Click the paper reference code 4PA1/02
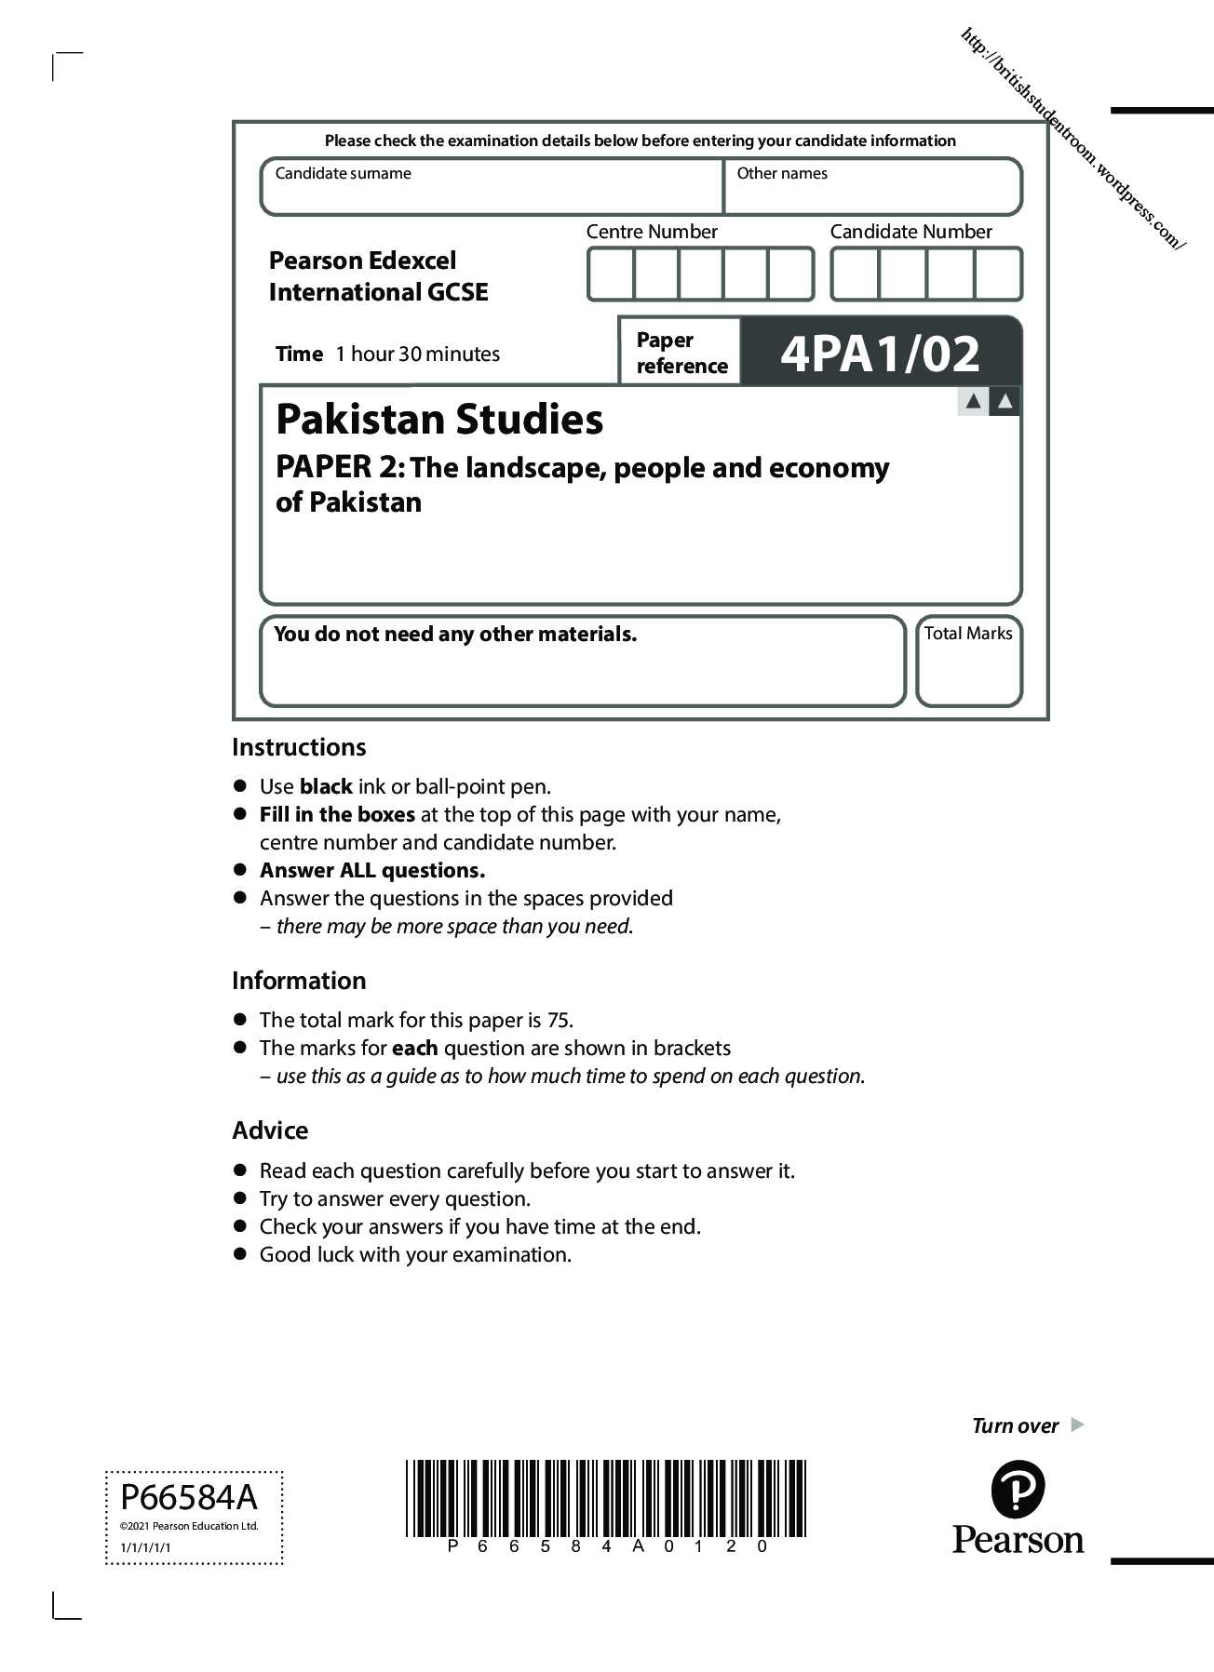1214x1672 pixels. point(880,354)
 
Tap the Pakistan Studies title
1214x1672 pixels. point(439,420)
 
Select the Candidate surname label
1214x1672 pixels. point(343,173)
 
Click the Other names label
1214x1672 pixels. point(782,173)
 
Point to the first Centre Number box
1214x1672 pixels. point(611,274)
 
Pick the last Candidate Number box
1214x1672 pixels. point(998,274)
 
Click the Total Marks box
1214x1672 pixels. point(968,661)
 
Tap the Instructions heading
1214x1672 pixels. point(299,747)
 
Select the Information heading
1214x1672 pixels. point(299,981)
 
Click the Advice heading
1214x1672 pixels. point(270,1130)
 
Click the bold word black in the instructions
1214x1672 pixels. point(326,787)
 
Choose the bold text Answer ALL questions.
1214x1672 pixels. point(372,871)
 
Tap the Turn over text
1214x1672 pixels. point(1015,1426)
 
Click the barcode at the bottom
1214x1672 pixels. point(605,1498)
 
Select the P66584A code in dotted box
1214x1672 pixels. point(189,1498)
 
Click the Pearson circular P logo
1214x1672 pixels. point(1018,1490)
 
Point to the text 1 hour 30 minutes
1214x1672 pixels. point(418,354)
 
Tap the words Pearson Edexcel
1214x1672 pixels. point(362,261)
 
